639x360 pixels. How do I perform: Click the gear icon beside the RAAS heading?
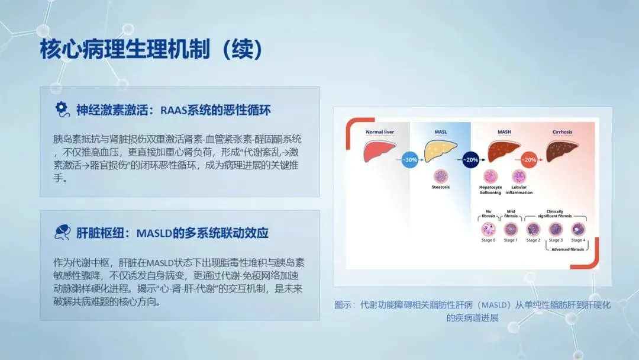tap(62, 110)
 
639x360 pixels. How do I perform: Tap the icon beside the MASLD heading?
tap(62, 232)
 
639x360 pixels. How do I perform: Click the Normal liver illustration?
tap(379, 151)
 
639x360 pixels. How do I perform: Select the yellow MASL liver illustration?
tap(441, 151)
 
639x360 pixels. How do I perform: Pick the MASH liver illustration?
tap(504, 151)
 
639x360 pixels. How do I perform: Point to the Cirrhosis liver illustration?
tap(563, 151)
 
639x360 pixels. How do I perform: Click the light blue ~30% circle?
tap(409, 160)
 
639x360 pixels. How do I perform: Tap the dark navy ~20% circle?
tap(471, 160)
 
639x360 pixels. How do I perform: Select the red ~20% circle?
tap(530, 160)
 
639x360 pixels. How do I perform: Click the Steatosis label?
tap(441, 187)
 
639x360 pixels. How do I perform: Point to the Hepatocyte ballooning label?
tap(490, 190)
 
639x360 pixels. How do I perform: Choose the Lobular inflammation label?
tap(519, 190)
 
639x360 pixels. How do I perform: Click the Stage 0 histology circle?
tap(488, 229)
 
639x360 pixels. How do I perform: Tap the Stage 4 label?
tap(578, 240)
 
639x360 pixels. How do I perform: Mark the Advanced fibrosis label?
tap(567, 249)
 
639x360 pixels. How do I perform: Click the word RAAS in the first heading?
tap(173, 110)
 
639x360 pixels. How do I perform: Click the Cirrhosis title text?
tap(563, 132)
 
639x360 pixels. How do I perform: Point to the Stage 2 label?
tap(533, 240)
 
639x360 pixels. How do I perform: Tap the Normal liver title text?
tap(380, 132)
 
